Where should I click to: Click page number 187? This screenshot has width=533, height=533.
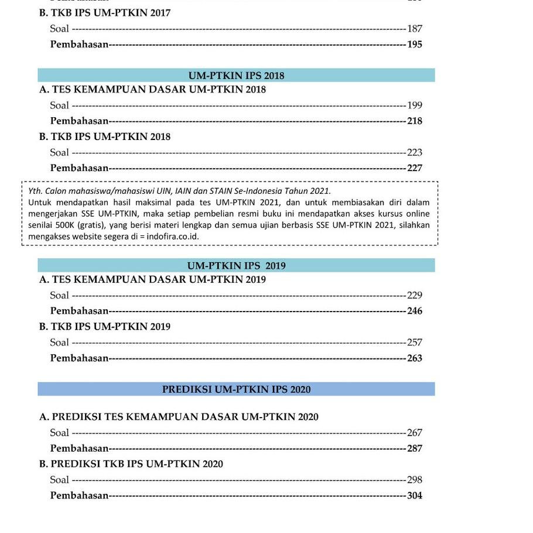point(415,29)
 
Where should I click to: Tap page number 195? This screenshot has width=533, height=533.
point(415,45)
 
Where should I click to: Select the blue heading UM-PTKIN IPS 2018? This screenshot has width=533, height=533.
point(236,76)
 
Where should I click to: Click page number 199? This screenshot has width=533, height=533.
point(415,105)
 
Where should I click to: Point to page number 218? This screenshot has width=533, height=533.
point(415,121)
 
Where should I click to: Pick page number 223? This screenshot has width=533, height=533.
point(415,152)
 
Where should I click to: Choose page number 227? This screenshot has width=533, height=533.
point(415,168)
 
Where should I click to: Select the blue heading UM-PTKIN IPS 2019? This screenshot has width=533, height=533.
point(236,266)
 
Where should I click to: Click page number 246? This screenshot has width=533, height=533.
point(415,311)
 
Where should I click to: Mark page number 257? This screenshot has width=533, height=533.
point(415,343)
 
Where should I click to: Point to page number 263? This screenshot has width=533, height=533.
point(415,358)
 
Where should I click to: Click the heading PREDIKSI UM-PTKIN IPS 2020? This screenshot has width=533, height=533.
point(236,389)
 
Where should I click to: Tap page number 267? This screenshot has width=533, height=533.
point(415,433)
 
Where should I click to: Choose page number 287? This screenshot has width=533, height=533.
point(415,449)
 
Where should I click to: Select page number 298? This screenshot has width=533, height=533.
point(415,480)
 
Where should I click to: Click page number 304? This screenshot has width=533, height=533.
point(415,496)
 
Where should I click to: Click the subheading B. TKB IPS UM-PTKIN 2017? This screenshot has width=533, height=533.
point(105,13)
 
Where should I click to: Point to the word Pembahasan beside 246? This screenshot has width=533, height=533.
point(80,311)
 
